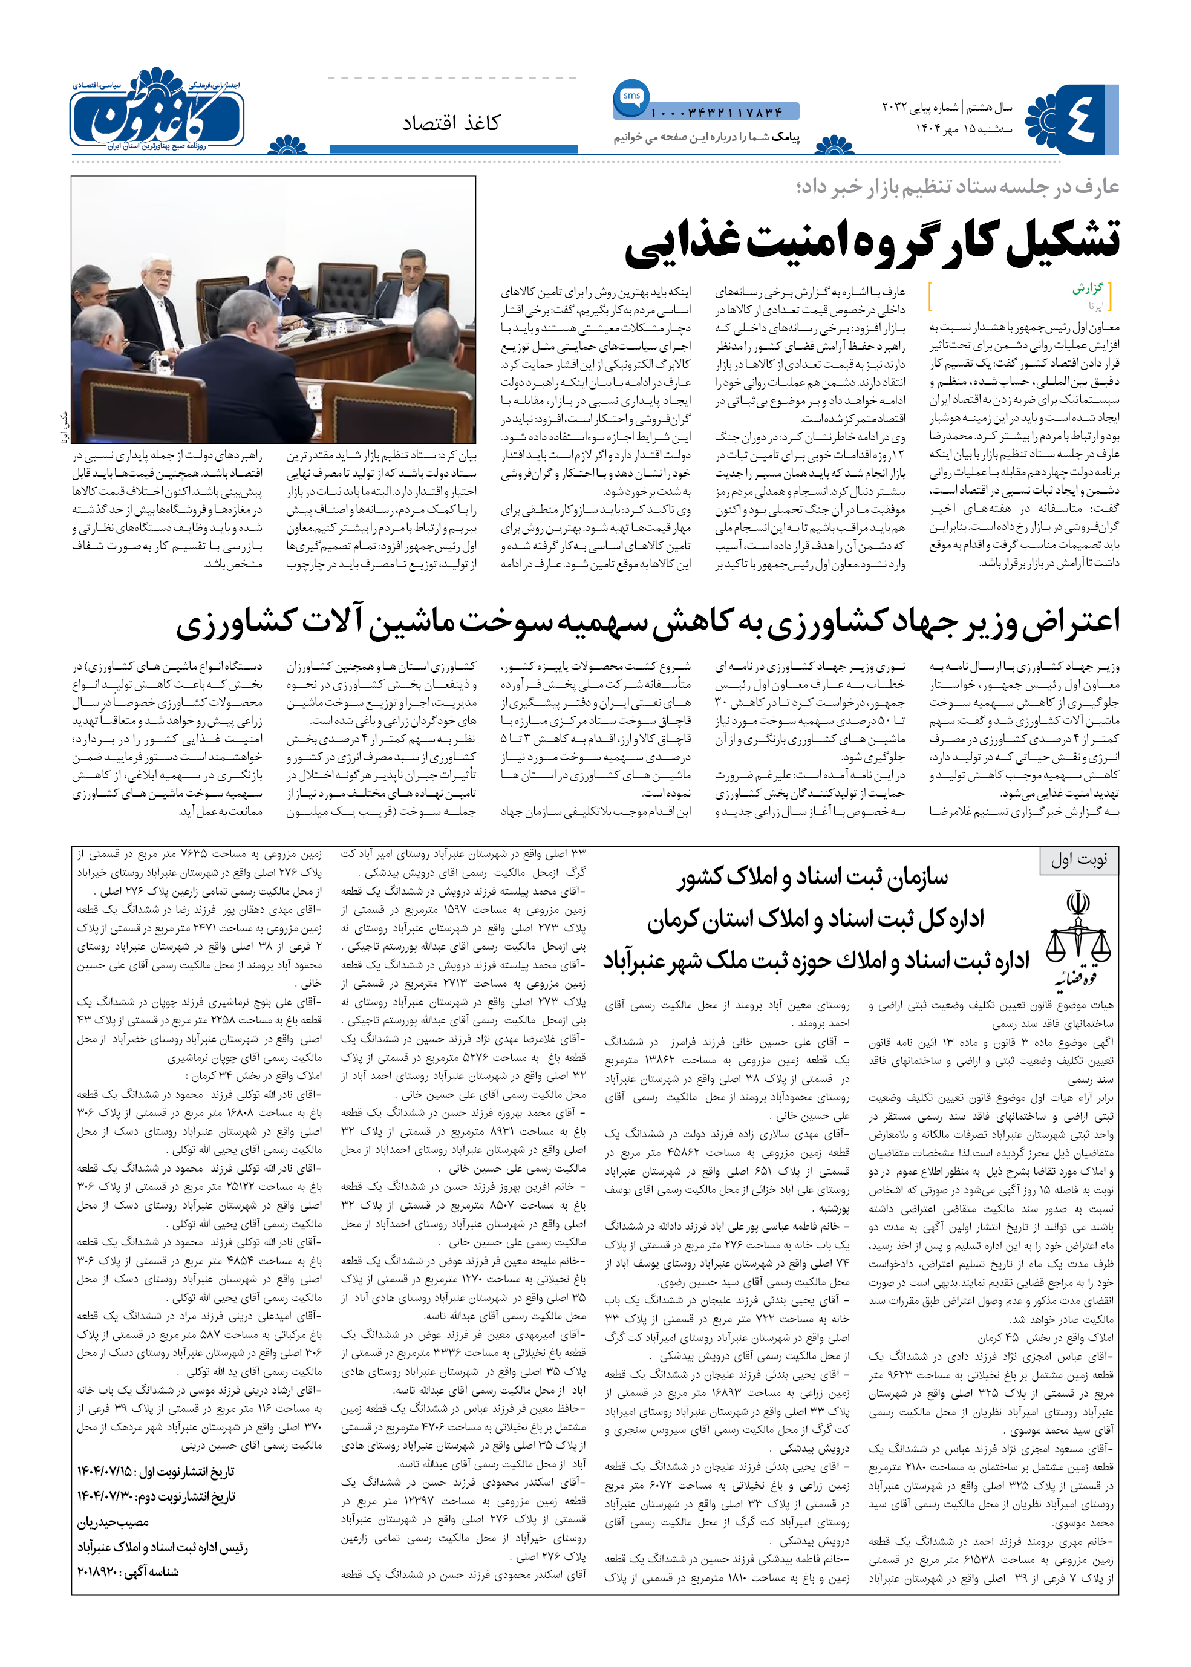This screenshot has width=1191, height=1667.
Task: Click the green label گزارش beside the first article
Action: click(x=1088, y=289)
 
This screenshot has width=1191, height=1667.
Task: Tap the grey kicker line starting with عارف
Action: click(x=956, y=187)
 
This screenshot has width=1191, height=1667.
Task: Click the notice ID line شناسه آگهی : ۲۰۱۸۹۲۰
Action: click(x=128, y=1571)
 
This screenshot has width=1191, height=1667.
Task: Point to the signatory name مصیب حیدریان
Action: click(x=114, y=1522)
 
